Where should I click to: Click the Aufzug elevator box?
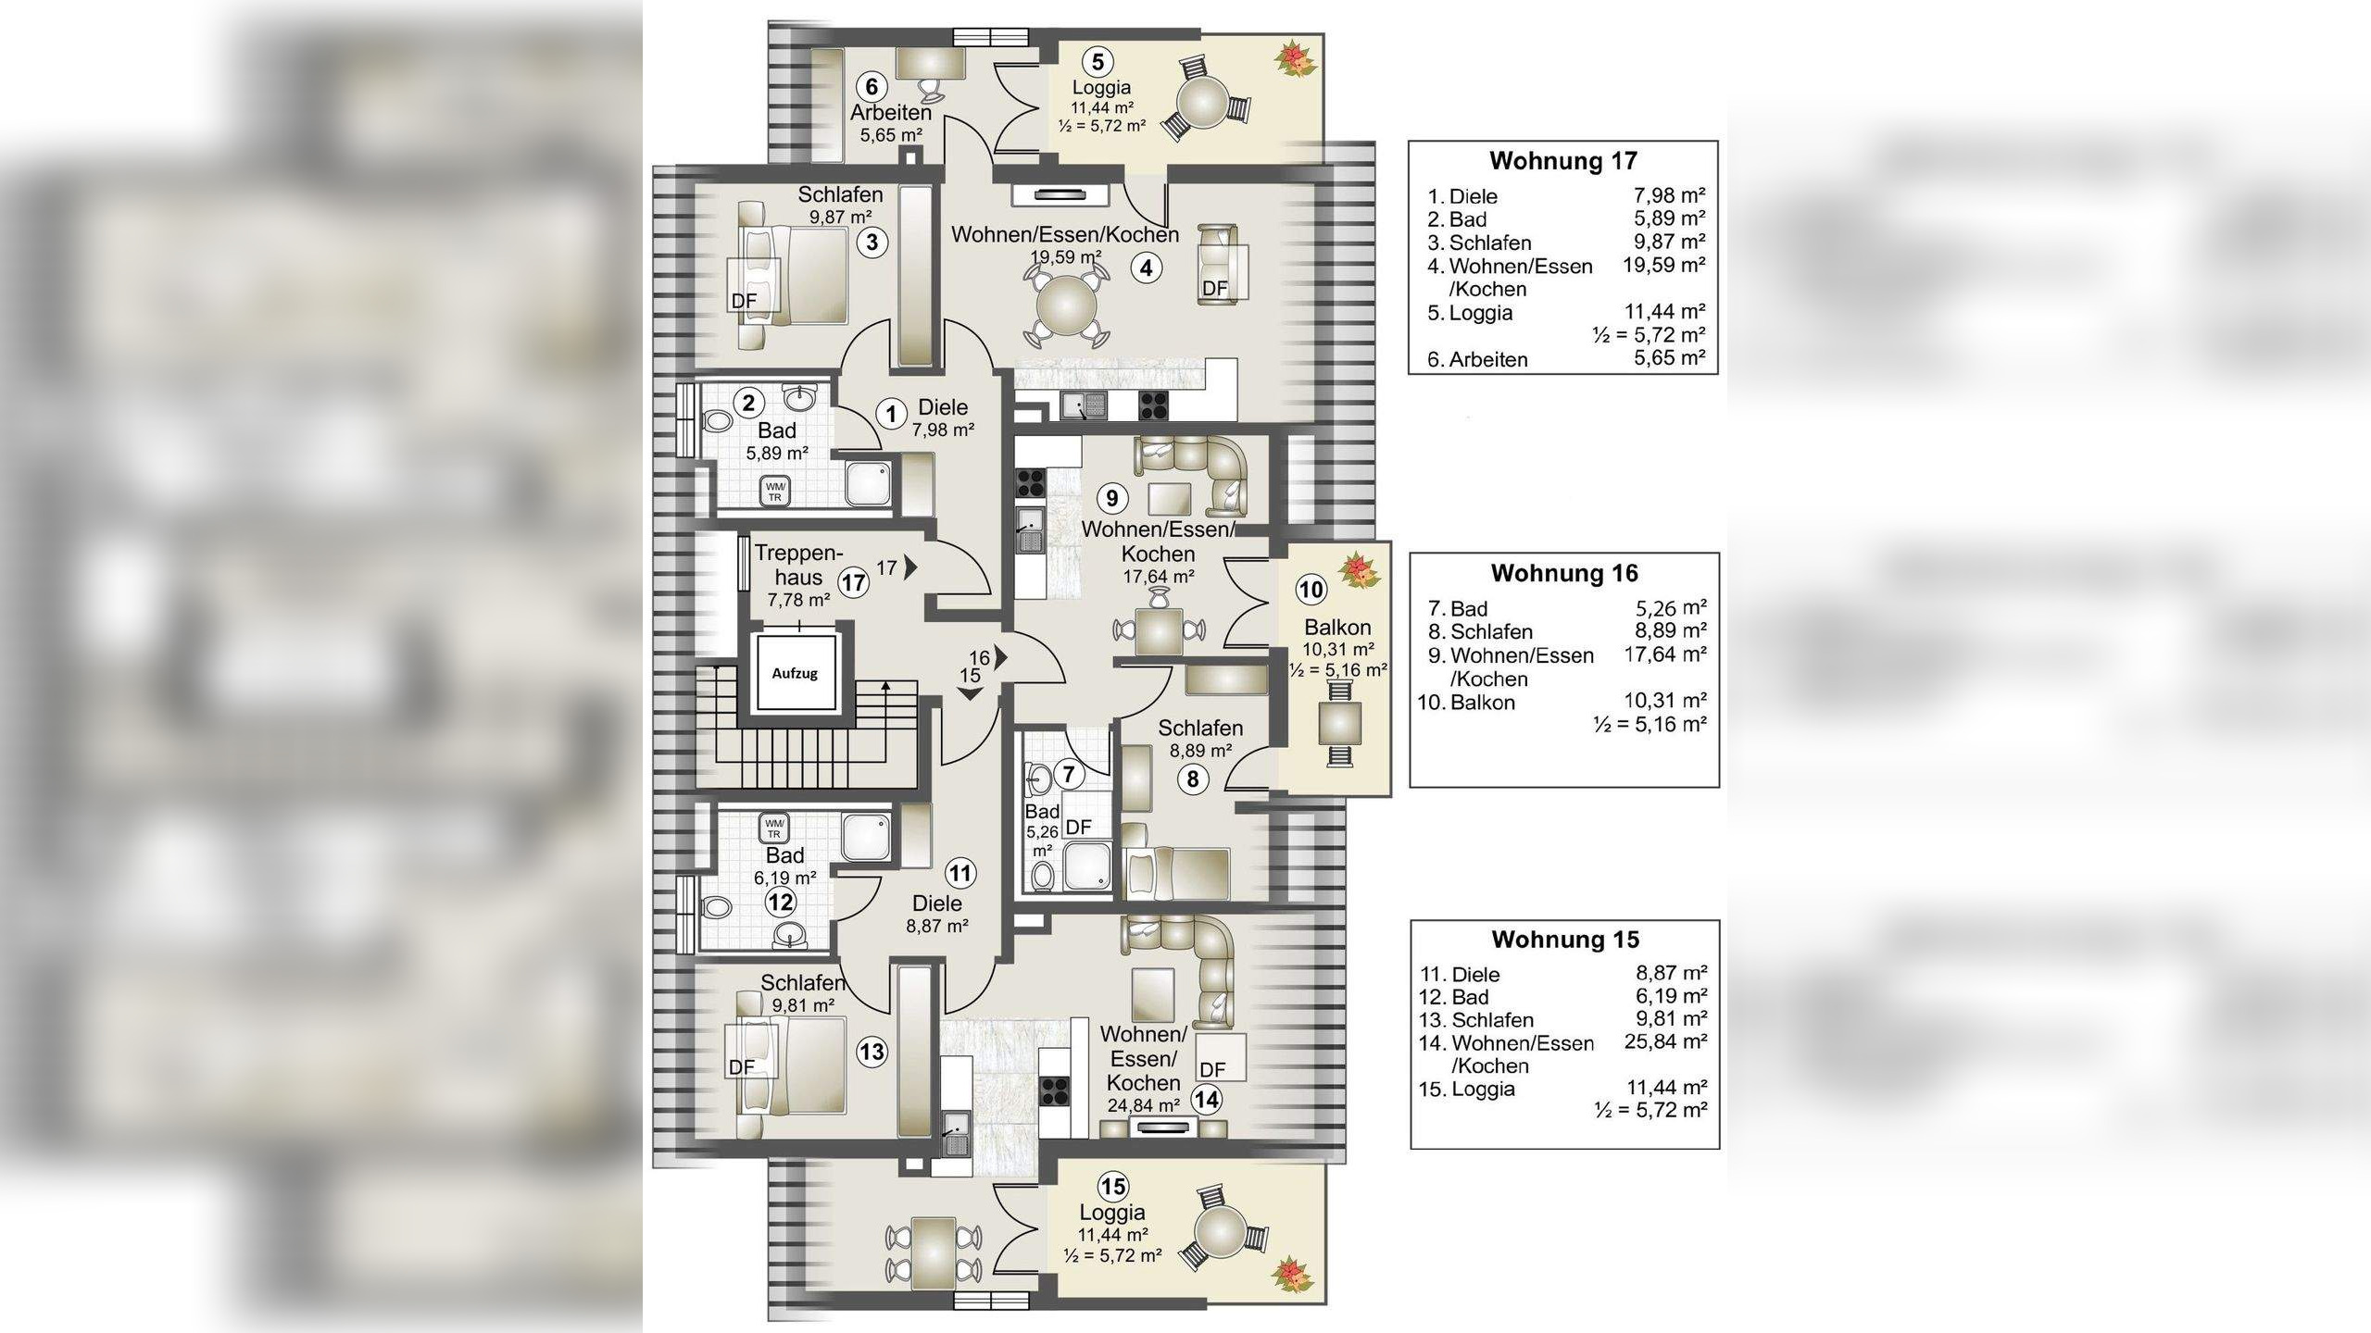point(795,673)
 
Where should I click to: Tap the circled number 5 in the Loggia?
point(1098,62)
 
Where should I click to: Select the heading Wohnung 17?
point(1563,160)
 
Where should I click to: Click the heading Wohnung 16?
point(1564,573)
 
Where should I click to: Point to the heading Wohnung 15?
point(1565,940)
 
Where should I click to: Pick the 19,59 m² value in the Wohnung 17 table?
point(1663,265)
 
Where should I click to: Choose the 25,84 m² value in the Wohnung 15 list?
point(1665,1041)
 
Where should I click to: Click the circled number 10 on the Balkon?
point(1311,590)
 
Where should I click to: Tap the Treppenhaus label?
point(798,566)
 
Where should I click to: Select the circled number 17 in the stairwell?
point(853,582)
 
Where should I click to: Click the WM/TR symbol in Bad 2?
point(774,492)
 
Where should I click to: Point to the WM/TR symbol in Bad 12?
point(773,828)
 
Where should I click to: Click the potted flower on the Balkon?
point(1359,570)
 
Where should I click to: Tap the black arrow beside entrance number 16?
point(1001,656)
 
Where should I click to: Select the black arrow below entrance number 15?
point(970,694)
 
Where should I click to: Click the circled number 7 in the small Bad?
point(1069,774)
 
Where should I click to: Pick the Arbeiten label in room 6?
point(891,113)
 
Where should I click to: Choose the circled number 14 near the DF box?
point(1206,1100)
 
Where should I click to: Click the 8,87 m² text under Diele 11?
point(937,926)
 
